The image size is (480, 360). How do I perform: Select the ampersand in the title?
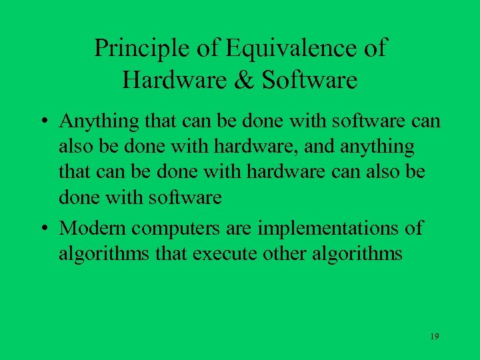click(242, 81)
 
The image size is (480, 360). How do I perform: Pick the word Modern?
click(93, 229)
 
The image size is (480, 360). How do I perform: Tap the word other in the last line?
click(311, 254)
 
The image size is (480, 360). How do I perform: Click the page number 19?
click(434, 337)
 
